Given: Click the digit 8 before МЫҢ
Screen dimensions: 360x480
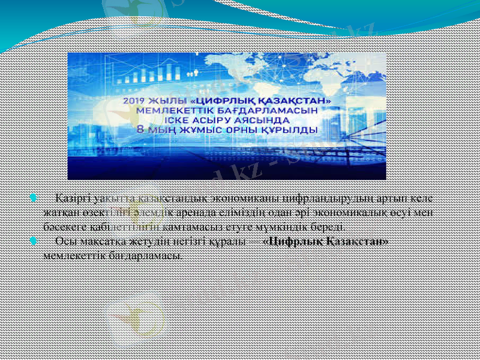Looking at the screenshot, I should (141, 130).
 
